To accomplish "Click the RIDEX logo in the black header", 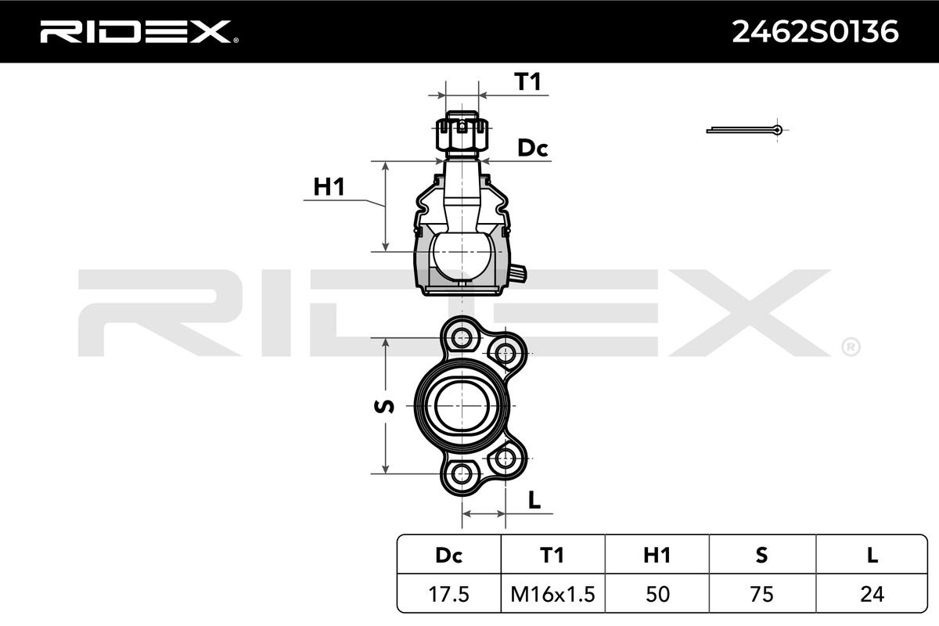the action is click(139, 32).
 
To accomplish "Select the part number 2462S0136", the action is click(815, 32).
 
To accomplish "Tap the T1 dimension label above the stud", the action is click(527, 81).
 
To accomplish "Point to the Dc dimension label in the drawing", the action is click(532, 148).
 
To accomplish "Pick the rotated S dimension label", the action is click(384, 406).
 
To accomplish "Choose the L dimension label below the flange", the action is click(534, 500).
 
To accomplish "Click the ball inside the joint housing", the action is click(461, 256).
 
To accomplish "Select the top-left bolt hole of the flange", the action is click(462, 337).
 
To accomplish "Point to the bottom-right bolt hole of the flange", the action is click(505, 459).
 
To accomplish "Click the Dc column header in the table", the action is click(449, 555).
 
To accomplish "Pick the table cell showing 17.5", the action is click(448, 594).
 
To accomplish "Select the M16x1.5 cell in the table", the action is click(553, 594).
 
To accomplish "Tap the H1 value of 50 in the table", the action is click(657, 594).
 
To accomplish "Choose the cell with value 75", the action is click(761, 594).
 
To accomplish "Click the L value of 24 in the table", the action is click(872, 594).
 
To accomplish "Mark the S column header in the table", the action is click(761, 555).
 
